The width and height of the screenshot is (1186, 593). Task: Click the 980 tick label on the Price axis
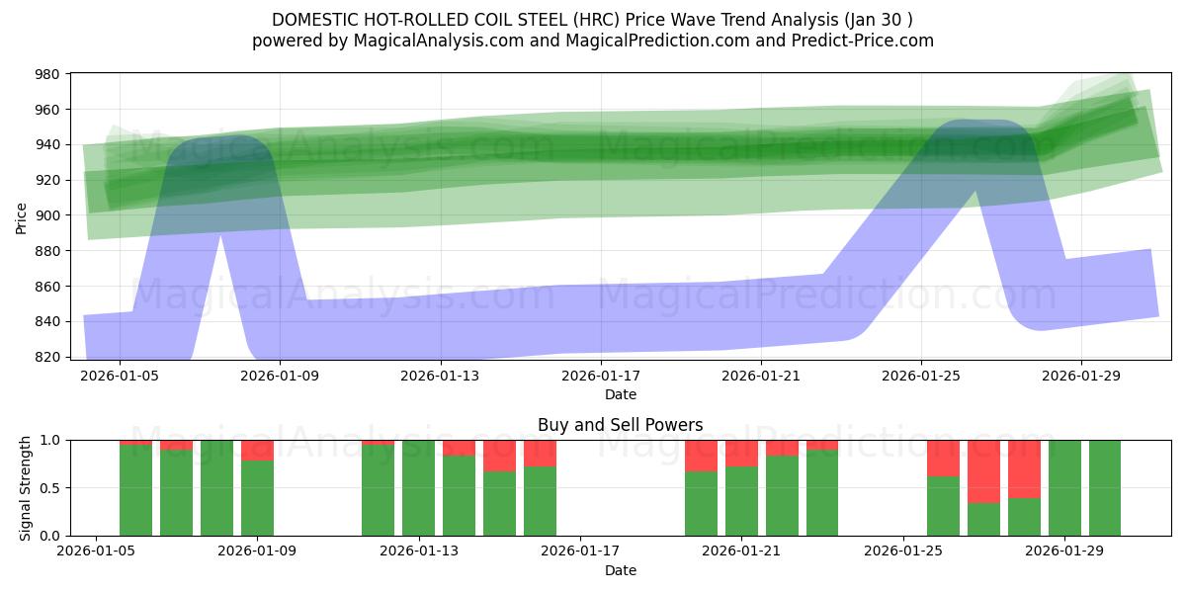pyautogui.click(x=47, y=74)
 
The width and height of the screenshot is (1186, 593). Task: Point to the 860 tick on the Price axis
pyautogui.click(x=47, y=287)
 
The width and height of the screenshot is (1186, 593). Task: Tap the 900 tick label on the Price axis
pyautogui.click(x=47, y=215)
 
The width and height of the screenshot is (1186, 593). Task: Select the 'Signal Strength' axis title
pyautogui.click(x=26, y=487)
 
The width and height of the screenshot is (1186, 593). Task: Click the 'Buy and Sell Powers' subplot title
pyautogui.click(x=620, y=425)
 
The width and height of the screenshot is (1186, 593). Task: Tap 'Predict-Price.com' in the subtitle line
pyautogui.click(x=867, y=41)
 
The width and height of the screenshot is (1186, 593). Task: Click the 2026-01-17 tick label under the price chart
pyautogui.click(x=600, y=376)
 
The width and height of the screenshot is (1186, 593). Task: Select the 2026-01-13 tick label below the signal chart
pyautogui.click(x=419, y=551)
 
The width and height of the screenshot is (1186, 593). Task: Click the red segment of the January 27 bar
pyautogui.click(x=983, y=471)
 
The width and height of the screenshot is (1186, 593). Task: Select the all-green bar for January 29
pyautogui.click(x=1064, y=487)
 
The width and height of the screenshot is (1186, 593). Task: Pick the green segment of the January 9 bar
pyautogui.click(x=257, y=498)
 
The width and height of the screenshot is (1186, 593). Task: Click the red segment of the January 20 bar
pyautogui.click(x=701, y=456)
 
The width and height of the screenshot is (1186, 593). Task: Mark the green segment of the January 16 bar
pyautogui.click(x=540, y=501)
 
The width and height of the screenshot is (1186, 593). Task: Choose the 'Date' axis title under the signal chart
pyautogui.click(x=620, y=570)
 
